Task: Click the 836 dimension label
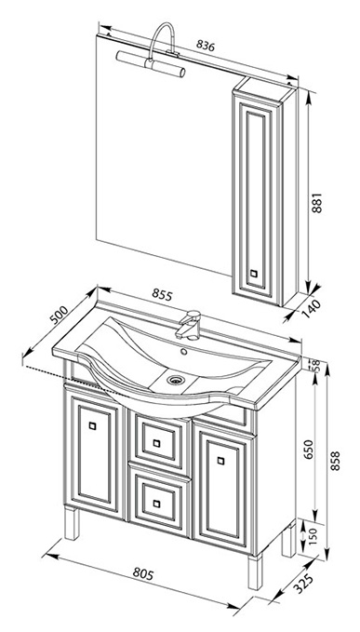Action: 206,46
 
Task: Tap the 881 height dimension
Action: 318,203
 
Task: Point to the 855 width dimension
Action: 162,295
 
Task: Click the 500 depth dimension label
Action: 60,314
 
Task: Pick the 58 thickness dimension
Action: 316,365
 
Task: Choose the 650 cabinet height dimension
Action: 308,449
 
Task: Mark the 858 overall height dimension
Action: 336,461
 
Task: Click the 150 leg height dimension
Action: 313,535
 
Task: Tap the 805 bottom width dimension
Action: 143,573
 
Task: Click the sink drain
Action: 176,379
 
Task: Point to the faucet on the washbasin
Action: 189,325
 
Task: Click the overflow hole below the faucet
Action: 184,352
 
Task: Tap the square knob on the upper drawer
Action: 156,443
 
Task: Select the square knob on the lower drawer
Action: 156,504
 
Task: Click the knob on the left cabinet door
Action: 93,425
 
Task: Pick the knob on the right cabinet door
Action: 220,461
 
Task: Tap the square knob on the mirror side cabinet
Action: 253,274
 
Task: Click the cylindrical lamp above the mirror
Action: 151,64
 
